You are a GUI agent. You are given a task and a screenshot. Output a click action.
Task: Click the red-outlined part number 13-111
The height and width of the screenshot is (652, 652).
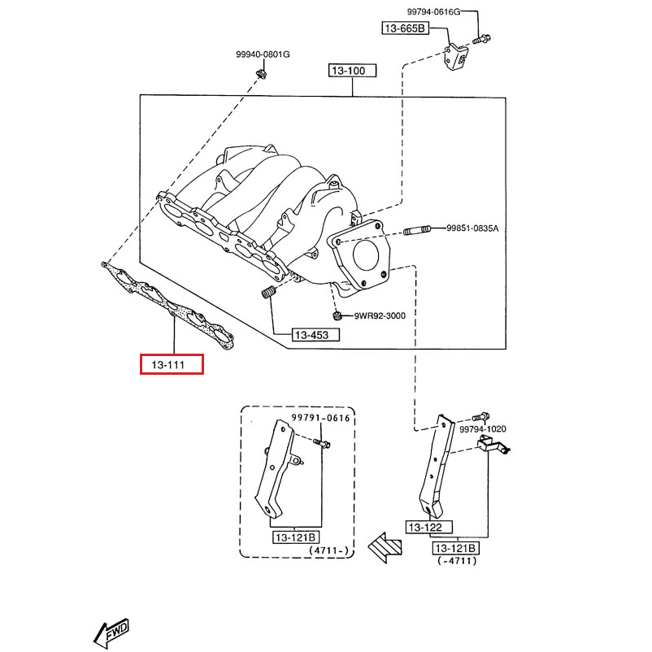(172, 365)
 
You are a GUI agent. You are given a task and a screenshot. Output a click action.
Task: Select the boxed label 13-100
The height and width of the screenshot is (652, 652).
(352, 71)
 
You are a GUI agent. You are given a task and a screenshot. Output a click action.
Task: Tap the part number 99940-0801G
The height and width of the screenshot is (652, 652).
(263, 54)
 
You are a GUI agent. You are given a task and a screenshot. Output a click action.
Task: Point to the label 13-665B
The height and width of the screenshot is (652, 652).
(404, 28)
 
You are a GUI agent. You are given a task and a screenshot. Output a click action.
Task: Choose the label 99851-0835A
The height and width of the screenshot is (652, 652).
(472, 229)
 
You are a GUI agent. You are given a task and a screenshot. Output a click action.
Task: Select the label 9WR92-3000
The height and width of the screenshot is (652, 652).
(379, 315)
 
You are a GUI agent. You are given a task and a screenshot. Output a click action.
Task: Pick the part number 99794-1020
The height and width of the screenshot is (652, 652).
(482, 429)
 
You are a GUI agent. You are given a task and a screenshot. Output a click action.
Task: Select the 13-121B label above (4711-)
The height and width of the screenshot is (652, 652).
(297, 537)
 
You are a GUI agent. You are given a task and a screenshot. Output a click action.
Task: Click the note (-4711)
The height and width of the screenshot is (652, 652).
(456, 561)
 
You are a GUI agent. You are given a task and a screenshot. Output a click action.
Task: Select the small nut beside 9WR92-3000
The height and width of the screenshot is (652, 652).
(337, 315)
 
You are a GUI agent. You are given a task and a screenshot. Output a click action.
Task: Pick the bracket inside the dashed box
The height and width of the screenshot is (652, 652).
(274, 467)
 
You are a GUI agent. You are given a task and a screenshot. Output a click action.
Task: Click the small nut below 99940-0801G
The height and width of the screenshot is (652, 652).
(260, 76)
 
